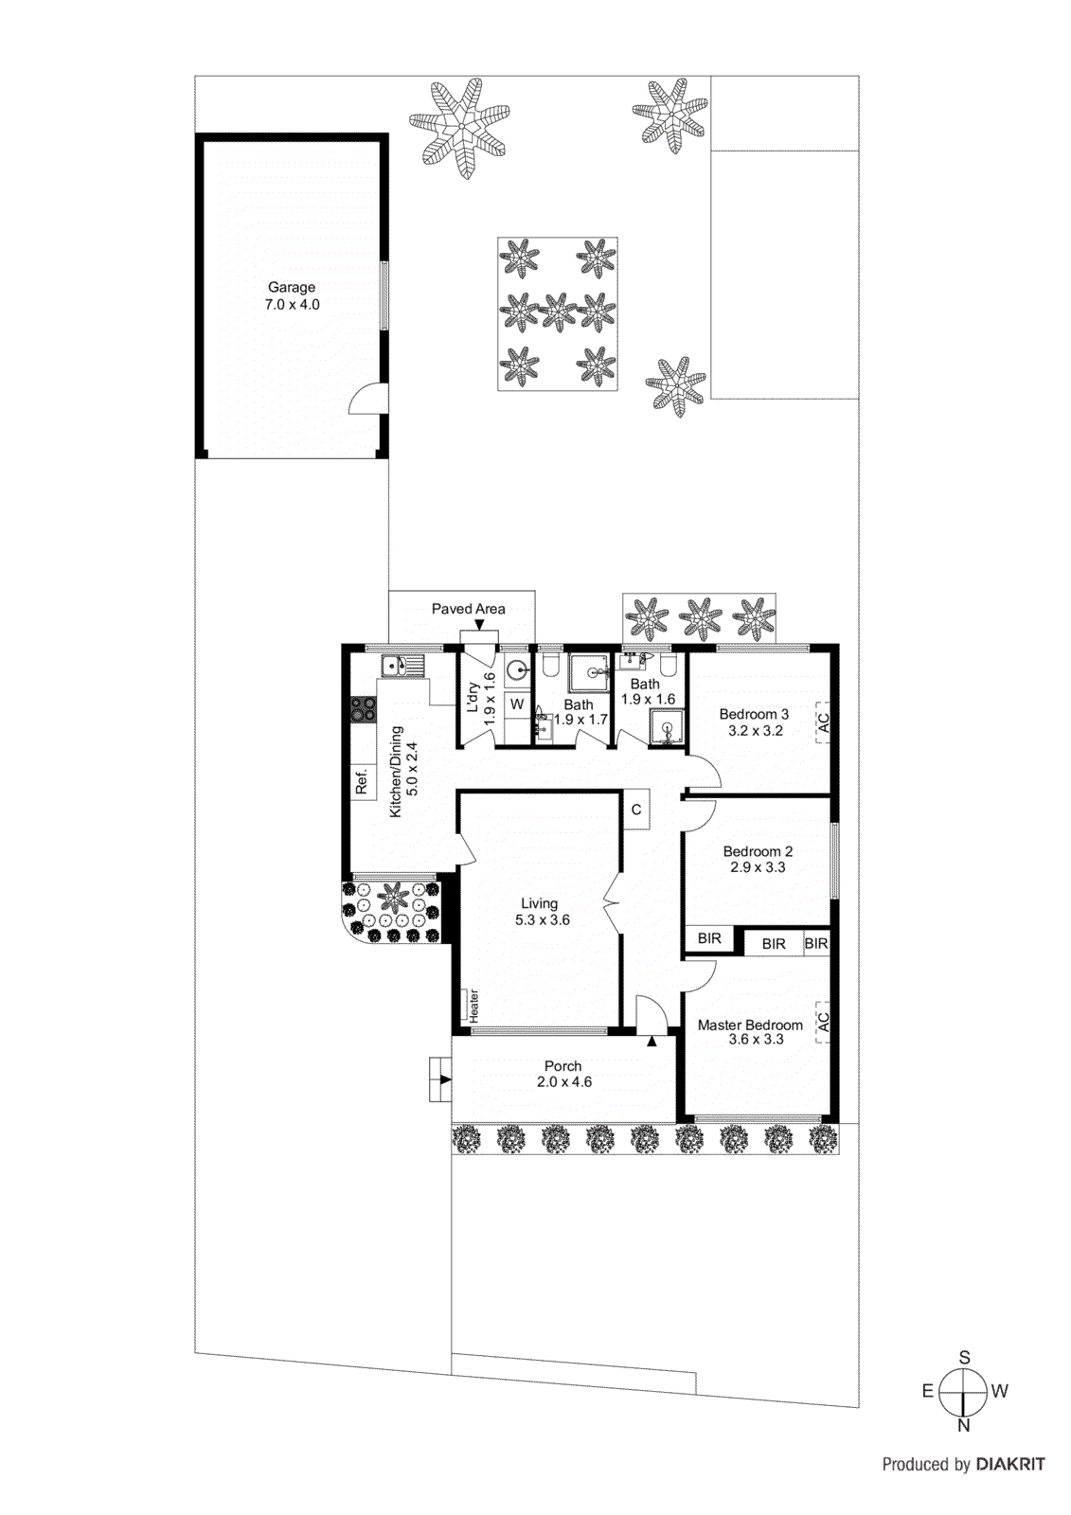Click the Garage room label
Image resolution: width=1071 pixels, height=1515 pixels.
[292, 287]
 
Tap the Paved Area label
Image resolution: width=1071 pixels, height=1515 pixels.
[468, 609]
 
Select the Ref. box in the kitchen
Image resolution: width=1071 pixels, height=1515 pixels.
[362, 782]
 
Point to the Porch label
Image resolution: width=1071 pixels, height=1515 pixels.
[563, 1066]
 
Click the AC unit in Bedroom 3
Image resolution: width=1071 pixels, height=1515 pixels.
[823, 723]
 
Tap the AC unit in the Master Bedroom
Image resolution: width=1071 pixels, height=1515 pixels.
[823, 1023]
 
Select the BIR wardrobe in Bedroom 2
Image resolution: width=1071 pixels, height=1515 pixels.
[709, 938]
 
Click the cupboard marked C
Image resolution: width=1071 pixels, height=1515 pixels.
[636, 810]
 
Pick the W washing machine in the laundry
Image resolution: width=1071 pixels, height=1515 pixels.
[517, 704]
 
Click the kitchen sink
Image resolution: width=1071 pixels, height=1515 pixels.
[402, 666]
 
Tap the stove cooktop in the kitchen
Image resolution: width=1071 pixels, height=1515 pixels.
[363, 710]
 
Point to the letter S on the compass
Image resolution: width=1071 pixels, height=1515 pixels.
[965, 1357]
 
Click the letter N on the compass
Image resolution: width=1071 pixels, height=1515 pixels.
[964, 1425]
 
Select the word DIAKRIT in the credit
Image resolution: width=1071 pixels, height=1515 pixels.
[1010, 1464]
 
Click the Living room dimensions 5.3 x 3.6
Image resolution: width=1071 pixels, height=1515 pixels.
[543, 919]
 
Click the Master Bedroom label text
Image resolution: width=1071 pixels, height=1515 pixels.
[750, 1025]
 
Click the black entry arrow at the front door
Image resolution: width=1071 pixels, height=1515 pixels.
[652, 1042]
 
